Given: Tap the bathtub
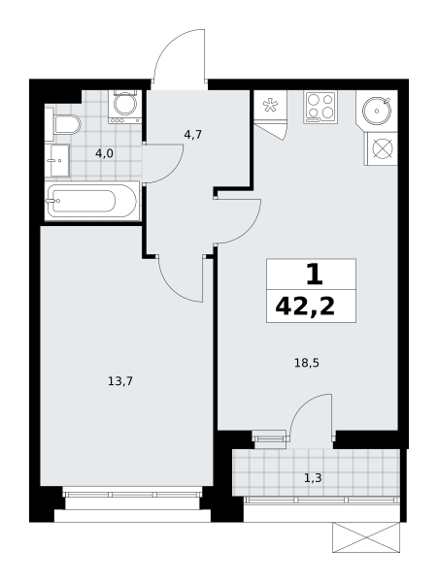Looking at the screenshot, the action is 91,201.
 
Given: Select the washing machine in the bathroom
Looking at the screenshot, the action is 125,107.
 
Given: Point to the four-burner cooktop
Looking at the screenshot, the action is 321,107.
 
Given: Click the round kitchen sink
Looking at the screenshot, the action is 377,111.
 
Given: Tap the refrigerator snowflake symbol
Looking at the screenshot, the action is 268,105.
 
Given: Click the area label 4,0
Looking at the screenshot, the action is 104,153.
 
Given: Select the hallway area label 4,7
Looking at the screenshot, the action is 193,135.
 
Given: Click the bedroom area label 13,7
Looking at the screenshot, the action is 120,381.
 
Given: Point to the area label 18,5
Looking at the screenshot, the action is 307,363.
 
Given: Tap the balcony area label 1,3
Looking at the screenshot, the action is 313,478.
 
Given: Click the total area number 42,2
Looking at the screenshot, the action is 305,307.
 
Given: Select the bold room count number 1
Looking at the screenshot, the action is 314,275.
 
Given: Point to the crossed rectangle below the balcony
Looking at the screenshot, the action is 366,537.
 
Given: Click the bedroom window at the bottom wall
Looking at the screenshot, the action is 132,494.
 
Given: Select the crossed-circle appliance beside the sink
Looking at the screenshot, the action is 383,148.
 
